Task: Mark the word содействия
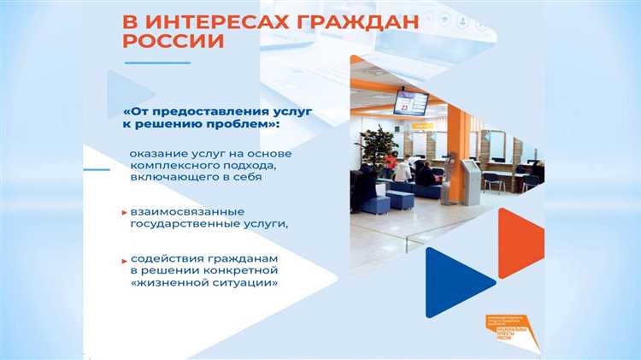pos(164,258)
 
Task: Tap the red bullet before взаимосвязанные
pos(122,210)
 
